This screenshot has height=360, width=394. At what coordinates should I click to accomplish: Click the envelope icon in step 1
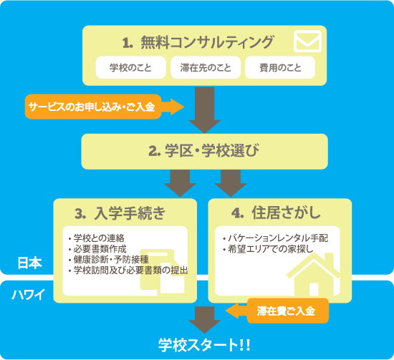(x=307, y=42)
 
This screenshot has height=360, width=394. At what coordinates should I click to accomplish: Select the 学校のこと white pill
(x=130, y=67)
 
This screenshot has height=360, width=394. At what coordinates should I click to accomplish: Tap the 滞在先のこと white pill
(x=206, y=67)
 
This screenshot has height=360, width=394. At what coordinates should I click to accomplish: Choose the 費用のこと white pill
(x=280, y=67)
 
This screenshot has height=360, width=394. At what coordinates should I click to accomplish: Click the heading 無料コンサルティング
(x=207, y=42)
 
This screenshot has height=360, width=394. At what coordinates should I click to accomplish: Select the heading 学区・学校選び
(x=211, y=150)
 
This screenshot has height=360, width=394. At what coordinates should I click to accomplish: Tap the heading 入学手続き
(x=130, y=213)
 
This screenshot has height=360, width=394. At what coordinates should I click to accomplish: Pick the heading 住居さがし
(x=287, y=213)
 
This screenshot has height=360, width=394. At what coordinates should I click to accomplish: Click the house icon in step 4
(x=313, y=275)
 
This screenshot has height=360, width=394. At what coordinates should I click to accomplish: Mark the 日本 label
(x=29, y=263)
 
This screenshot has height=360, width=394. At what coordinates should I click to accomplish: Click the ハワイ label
(x=29, y=294)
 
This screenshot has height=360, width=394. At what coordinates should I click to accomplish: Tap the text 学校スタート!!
(x=204, y=345)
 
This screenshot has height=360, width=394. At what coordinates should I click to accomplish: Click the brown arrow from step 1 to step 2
(x=205, y=110)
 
